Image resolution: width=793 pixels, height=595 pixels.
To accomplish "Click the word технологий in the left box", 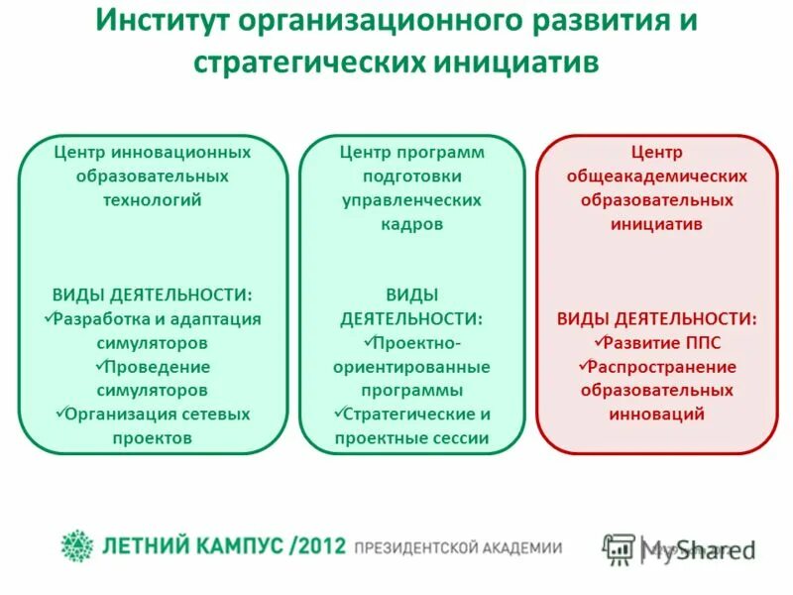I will pos(153,200).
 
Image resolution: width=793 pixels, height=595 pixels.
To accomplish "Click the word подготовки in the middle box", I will pos(411,177).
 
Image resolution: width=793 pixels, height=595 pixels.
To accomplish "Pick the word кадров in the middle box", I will pos(411,224).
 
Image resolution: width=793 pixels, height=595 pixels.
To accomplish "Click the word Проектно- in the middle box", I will pos(416,343).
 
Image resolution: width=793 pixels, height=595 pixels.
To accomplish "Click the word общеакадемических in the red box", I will pos(656,177).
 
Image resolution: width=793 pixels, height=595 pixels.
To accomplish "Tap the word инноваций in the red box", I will pos(656,414).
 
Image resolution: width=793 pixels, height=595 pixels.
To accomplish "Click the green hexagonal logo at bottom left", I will pos(76,545).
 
